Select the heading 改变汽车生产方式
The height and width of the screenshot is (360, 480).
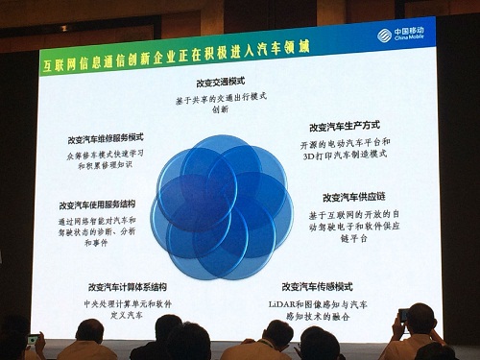pyautogui.click(x=342, y=126)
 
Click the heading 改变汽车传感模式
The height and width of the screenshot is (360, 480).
pyautogui.click(x=318, y=286)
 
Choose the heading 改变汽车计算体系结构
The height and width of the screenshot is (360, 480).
pyautogui.click(x=127, y=286)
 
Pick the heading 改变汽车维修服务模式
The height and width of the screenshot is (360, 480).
pyautogui.click(x=106, y=137)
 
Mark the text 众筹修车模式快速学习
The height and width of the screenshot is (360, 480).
pyautogui.click(x=107, y=154)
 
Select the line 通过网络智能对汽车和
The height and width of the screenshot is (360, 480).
pyautogui.click(x=104, y=219)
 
